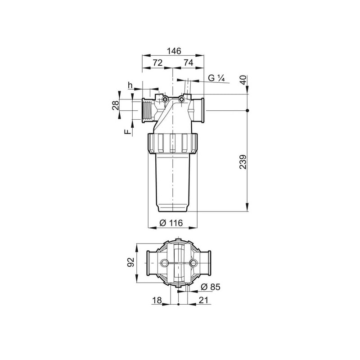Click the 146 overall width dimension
(x=174, y=51)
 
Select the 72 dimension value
(x=157, y=63)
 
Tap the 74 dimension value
(x=188, y=63)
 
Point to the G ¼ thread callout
(x=216, y=78)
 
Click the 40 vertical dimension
(x=243, y=80)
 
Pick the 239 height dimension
(x=243, y=162)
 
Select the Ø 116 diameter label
(x=171, y=223)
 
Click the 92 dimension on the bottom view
(x=130, y=262)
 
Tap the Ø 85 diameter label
(x=210, y=287)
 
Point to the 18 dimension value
(x=157, y=300)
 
